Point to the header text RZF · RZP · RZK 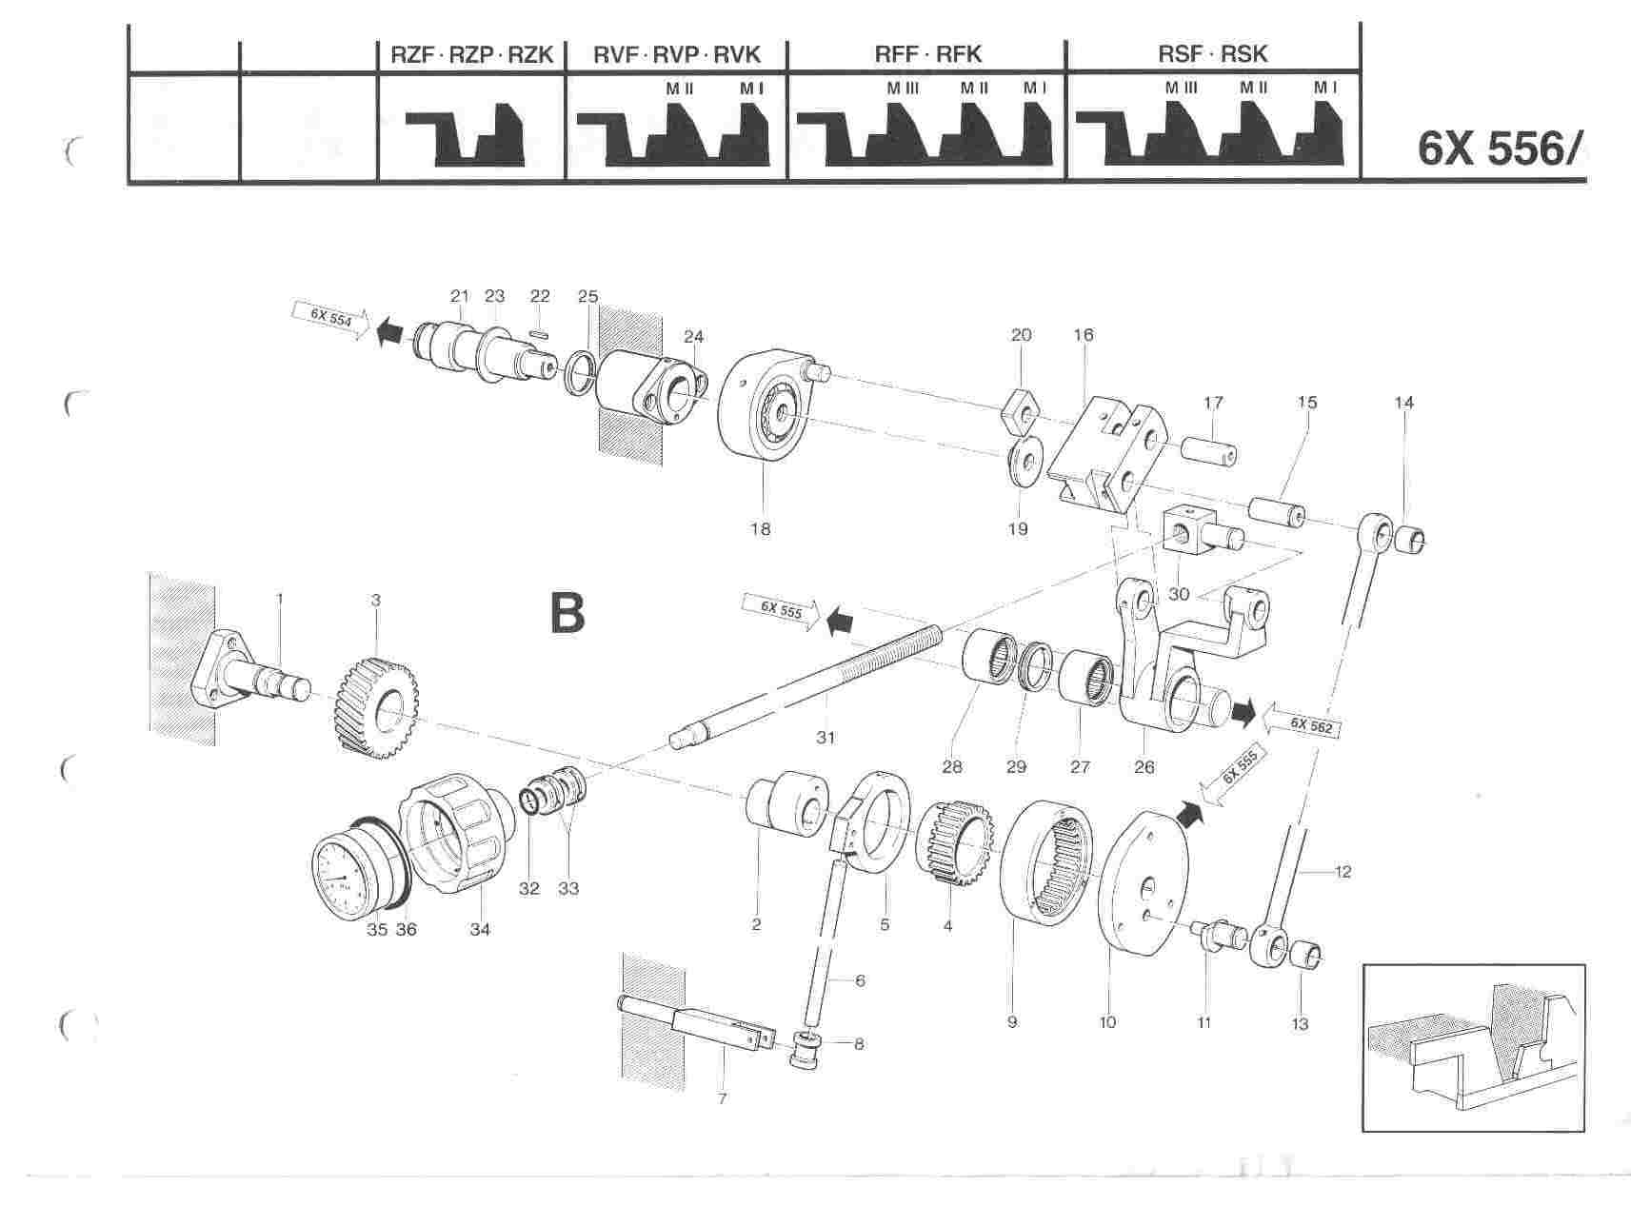(472, 54)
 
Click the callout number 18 (760, 529)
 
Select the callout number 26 (1144, 766)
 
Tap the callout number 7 (722, 1098)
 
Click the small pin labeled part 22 (540, 332)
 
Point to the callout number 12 (1343, 871)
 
